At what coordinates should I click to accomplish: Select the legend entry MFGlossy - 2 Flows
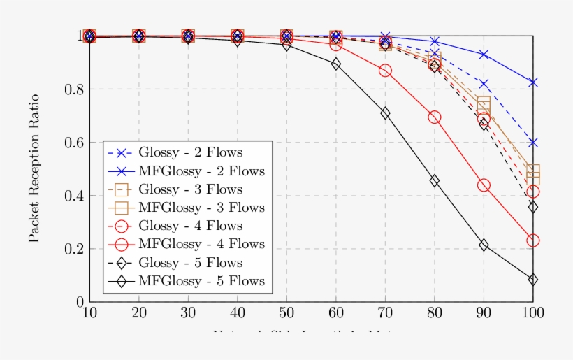(201, 171)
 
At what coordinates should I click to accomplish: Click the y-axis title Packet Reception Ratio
(34, 168)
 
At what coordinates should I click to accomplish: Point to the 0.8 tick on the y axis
(73, 89)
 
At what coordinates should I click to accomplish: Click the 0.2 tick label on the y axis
(73, 249)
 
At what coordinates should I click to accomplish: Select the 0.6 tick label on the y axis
(73, 143)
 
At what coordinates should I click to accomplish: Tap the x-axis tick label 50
(286, 312)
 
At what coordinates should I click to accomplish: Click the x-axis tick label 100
(533, 312)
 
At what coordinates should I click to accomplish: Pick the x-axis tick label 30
(188, 312)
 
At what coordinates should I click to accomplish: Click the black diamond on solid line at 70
(385, 113)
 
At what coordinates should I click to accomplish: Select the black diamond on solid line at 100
(533, 280)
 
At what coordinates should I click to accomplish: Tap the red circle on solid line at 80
(435, 117)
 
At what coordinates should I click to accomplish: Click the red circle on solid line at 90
(484, 185)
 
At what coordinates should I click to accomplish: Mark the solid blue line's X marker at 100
(533, 82)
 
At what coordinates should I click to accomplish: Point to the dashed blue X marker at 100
(533, 143)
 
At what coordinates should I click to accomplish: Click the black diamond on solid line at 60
(336, 64)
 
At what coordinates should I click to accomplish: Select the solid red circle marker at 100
(533, 240)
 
